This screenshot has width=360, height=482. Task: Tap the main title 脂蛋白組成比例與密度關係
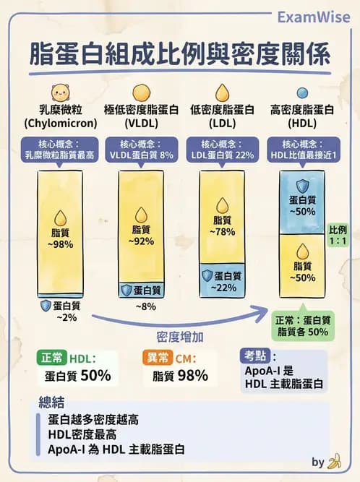pos(180,55)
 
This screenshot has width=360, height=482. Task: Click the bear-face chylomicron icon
pos(57,92)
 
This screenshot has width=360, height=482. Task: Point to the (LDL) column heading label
pos(220,124)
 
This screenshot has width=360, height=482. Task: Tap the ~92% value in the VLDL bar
pos(141,241)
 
